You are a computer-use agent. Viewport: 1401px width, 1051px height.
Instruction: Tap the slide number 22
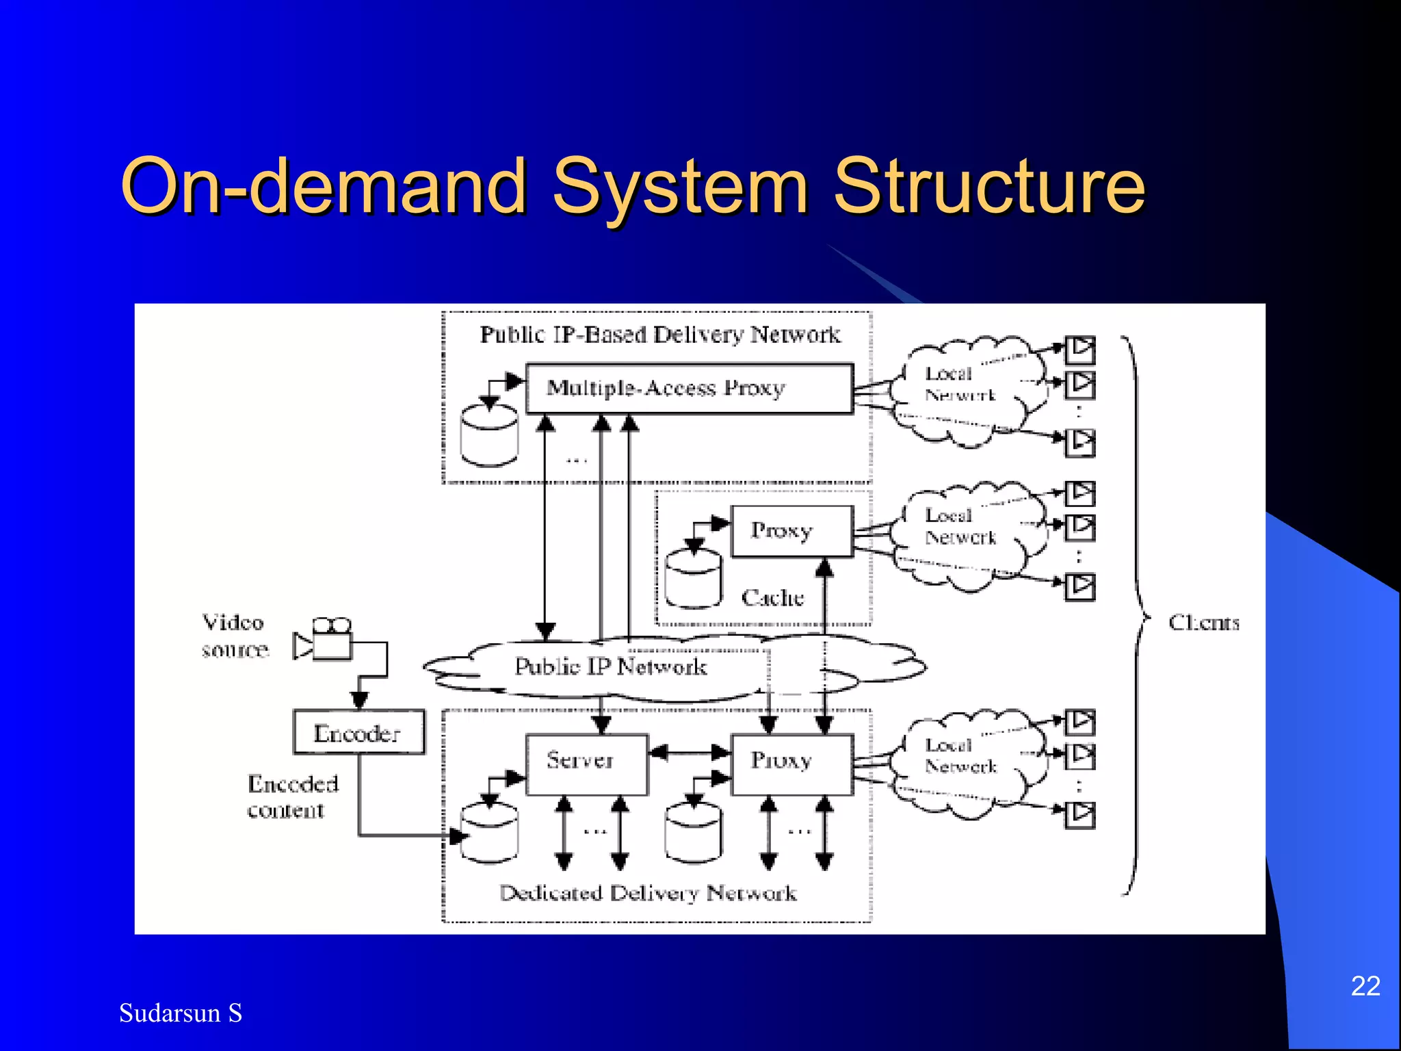coord(1365,986)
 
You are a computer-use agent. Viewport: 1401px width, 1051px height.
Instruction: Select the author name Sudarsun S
coord(181,1013)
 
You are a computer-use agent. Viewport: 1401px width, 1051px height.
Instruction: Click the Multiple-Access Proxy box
coord(689,389)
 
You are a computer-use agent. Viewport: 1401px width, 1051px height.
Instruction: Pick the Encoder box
coord(358,733)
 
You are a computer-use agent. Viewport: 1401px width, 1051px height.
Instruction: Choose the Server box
coord(586,764)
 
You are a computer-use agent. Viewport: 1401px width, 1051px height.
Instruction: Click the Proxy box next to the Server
coord(791,764)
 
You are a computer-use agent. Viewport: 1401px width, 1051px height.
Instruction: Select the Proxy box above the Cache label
coord(791,531)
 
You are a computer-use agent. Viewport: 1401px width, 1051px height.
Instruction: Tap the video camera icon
coord(324,639)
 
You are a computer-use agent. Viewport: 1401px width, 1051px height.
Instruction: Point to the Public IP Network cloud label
coord(610,666)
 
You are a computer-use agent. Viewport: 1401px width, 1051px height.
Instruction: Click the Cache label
coord(772,598)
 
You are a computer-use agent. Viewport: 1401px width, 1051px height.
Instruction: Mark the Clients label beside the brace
coord(1203,623)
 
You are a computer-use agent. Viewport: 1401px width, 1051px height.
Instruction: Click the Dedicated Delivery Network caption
coord(648,893)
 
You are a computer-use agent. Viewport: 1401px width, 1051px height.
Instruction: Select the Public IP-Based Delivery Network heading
coord(659,335)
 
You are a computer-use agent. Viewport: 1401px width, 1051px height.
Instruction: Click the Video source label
coord(234,636)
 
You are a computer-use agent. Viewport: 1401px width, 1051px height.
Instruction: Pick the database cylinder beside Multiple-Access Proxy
coord(489,435)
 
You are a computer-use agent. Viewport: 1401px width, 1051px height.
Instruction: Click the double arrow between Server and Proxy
coord(689,753)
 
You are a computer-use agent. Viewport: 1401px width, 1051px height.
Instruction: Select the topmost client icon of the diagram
coord(1080,350)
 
